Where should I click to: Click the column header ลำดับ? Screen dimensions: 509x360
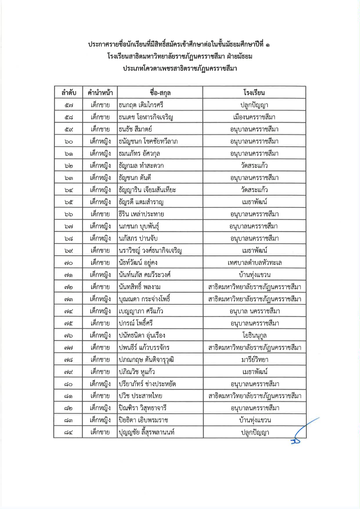click(69, 93)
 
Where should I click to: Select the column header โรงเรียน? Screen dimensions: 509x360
click(254, 93)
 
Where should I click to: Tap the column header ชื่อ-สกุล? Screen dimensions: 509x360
click(160, 93)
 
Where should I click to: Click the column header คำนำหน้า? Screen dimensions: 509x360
click(100, 93)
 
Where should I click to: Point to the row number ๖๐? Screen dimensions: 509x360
click(69, 142)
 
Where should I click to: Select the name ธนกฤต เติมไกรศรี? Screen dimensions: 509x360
click(141, 105)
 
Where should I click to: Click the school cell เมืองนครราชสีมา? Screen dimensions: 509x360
click(254, 117)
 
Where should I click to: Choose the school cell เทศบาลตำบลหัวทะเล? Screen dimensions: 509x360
click(255, 263)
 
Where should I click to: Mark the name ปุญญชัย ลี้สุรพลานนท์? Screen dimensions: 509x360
click(147, 432)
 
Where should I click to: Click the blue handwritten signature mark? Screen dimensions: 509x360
click(302, 432)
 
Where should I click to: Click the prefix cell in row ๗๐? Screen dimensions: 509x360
click(100, 263)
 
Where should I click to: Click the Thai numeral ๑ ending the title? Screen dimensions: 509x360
click(267, 45)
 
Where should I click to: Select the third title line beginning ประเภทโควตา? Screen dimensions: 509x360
click(180, 69)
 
